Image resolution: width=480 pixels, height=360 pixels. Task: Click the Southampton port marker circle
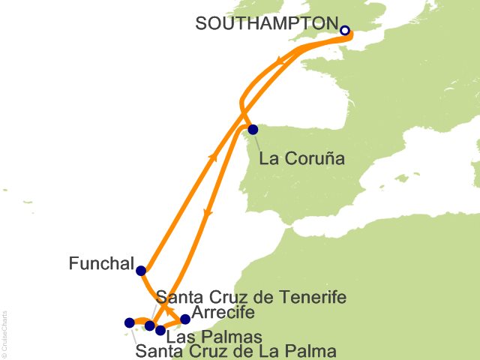click(345, 31)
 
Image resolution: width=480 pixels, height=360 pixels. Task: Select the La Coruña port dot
click(253, 129)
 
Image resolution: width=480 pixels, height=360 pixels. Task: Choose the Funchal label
click(101, 265)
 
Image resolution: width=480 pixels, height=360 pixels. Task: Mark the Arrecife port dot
click(186, 319)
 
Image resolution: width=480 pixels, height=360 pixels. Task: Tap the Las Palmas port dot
click(160, 330)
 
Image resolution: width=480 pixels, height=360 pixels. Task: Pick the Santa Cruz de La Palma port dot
click(129, 323)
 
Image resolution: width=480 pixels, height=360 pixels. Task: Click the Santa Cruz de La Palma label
click(235, 350)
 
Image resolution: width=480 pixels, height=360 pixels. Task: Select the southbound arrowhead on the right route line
click(208, 214)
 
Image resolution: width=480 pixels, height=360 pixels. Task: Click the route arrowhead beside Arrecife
click(170, 313)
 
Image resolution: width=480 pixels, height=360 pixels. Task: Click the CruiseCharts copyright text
click(4, 330)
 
